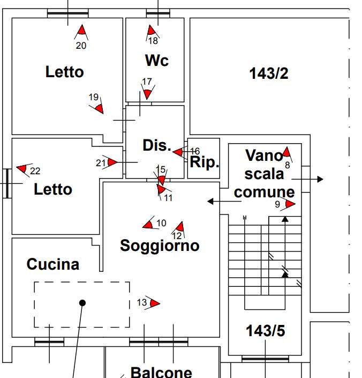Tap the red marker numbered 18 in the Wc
[152, 32]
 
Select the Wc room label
[156, 61]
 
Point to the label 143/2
[268, 73]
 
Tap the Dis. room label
[156, 145]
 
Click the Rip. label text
[205, 162]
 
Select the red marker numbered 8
[286, 153]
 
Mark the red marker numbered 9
[290, 204]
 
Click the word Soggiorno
[160, 246]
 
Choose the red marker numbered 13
[155, 303]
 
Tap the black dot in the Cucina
[82, 303]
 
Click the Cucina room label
[52, 264]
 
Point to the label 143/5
[265, 331]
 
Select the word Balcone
[161, 372]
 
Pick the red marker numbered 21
[112, 162]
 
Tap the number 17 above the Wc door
[147, 81]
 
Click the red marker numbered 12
[180, 227]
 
